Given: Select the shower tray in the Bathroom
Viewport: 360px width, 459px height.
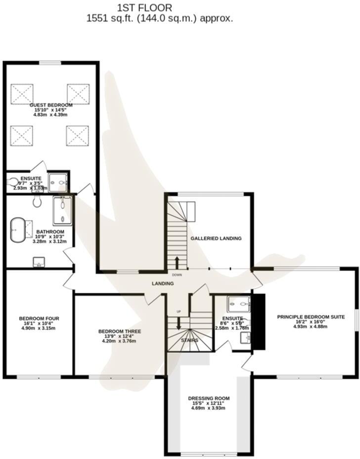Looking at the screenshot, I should click(x=63, y=211).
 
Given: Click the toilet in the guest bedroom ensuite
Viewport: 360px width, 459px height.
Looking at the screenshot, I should click(x=13, y=184).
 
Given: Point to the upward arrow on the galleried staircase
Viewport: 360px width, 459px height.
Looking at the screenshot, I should click(x=177, y=262).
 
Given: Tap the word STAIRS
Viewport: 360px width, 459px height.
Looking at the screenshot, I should click(x=189, y=340).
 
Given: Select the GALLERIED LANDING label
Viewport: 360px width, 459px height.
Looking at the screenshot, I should click(x=216, y=238).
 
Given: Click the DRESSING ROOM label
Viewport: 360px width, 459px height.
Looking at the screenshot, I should click(x=209, y=398).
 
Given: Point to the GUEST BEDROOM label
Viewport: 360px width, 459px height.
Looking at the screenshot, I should click(x=51, y=105).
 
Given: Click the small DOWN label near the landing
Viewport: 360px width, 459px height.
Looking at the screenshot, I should click(x=177, y=275).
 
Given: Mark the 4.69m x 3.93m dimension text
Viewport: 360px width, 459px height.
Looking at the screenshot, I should click(x=209, y=409).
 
